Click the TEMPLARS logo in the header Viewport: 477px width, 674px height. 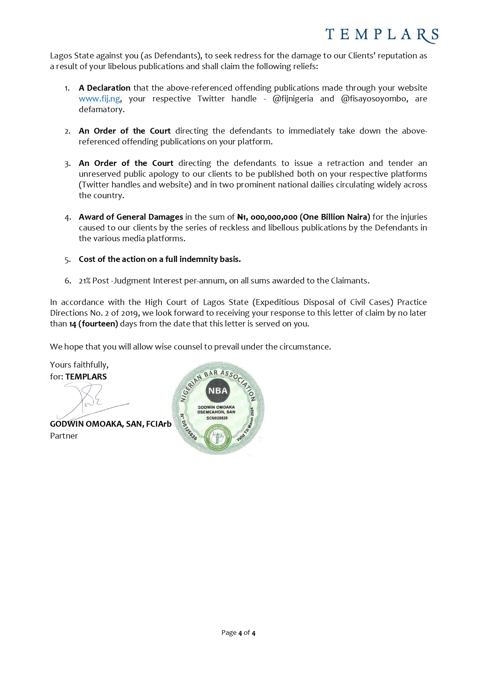[x=382, y=35]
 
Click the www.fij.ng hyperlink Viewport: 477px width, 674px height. [x=100, y=99]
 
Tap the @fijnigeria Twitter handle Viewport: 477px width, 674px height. [x=293, y=99]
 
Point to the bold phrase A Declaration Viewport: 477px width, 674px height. [x=105, y=88]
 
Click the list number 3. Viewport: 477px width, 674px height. [x=68, y=164]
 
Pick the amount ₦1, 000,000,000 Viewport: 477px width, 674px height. [x=267, y=217]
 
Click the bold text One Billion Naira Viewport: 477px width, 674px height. [x=335, y=217]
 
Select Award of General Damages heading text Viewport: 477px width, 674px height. [x=131, y=217]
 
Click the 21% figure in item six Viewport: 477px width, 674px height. [x=85, y=281]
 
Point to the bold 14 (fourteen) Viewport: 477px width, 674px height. [x=93, y=324]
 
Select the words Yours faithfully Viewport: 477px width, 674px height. [x=79, y=364]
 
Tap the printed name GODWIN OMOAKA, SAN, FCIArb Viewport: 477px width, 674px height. [x=111, y=424]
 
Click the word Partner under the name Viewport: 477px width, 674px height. [x=64, y=436]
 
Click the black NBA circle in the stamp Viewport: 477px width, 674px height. [x=218, y=391]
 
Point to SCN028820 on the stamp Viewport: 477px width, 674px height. [x=217, y=418]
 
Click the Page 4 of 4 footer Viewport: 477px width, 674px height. [x=238, y=633]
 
